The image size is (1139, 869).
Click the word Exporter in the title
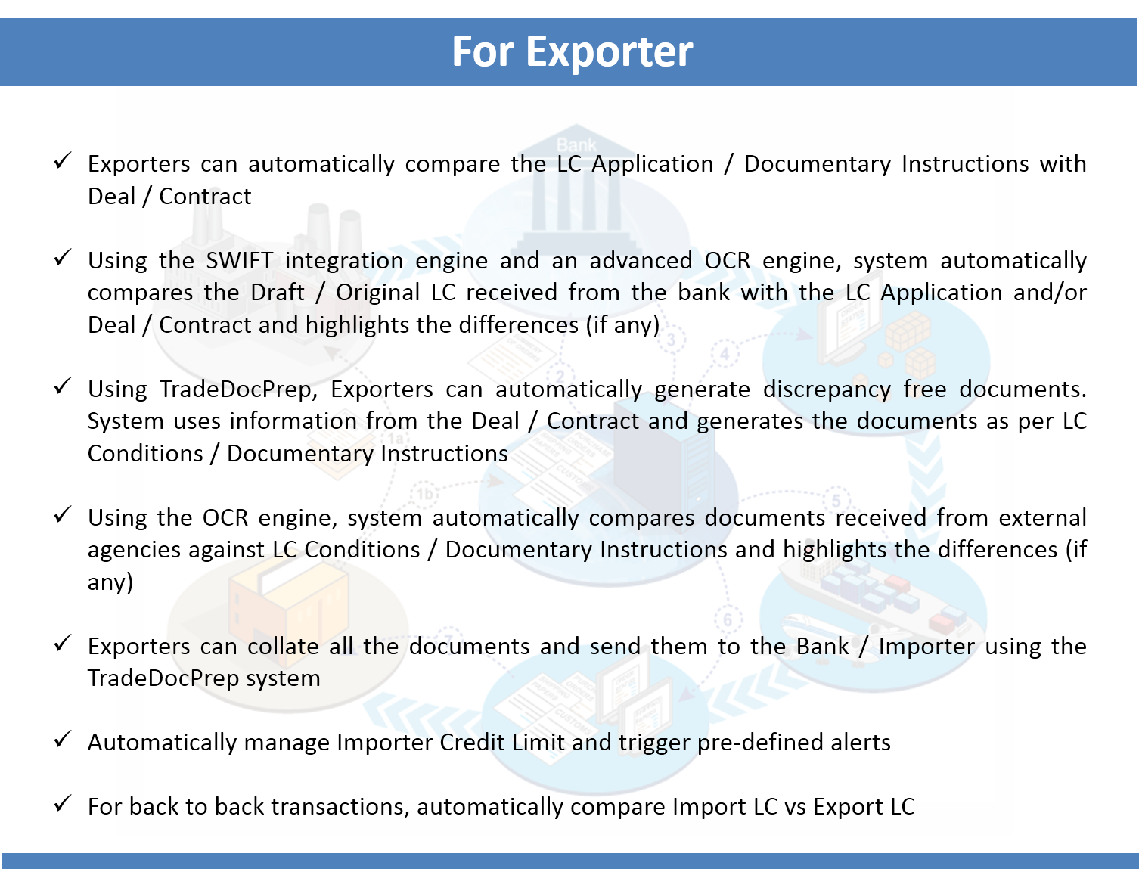[x=609, y=52]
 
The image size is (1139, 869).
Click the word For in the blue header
[x=483, y=51]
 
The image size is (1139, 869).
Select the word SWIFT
[x=239, y=260]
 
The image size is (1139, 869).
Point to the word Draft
[x=277, y=293]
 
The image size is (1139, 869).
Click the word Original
[x=377, y=293]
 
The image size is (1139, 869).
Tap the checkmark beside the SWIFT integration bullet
[x=62, y=258]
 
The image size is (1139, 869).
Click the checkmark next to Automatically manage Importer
[x=62, y=740]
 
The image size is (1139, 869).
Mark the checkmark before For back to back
[x=62, y=804]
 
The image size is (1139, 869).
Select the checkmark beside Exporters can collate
[x=62, y=644]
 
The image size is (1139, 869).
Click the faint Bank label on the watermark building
[x=576, y=144]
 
